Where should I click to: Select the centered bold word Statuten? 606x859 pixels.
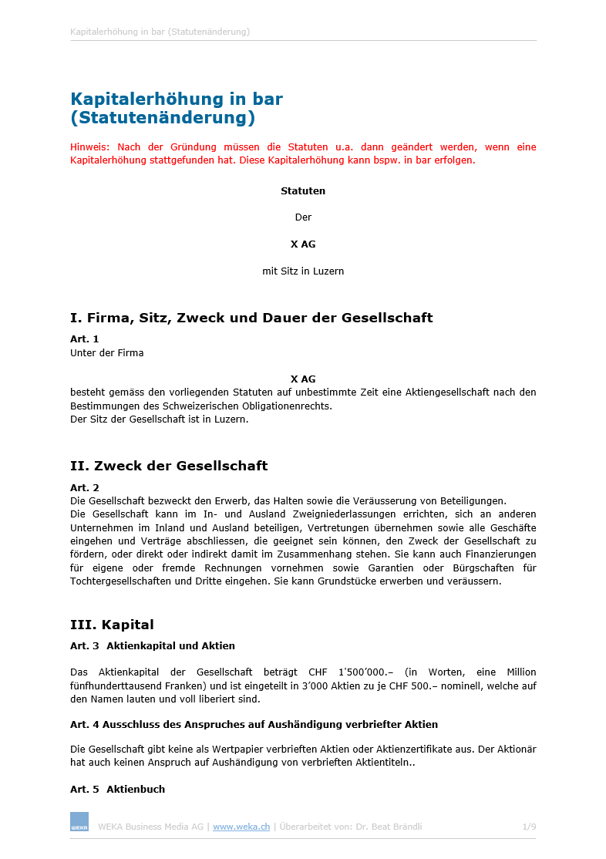click(303, 190)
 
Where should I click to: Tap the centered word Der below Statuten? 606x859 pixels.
click(303, 217)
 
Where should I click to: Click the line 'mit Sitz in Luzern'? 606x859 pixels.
click(303, 271)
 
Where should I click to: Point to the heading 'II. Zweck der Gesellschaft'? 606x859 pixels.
click(169, 466)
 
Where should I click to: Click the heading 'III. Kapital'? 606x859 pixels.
click(112, 625)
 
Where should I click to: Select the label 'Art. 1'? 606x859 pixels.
click(85, 339)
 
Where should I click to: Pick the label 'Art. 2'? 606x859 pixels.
click(85, 487)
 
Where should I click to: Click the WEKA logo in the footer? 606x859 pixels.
click(79, 821)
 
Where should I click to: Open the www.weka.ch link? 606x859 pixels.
click(241, 827)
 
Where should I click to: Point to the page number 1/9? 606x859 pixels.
click(529, 827)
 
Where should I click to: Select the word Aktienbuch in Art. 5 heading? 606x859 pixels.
click(136, 790)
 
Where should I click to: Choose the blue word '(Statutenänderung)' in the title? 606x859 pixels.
click(163, 119)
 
